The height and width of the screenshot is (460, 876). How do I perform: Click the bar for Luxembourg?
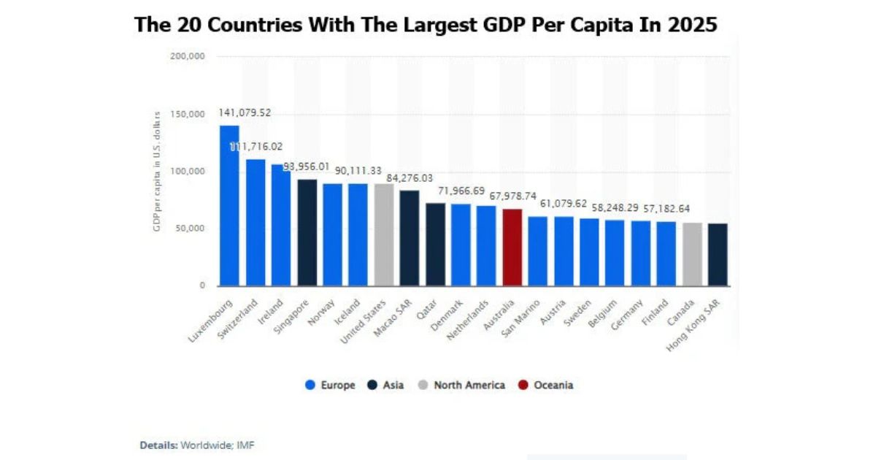229,205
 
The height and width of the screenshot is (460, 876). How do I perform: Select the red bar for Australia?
512,248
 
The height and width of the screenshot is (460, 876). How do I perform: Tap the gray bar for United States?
384,234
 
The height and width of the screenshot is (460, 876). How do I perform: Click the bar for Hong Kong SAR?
718,254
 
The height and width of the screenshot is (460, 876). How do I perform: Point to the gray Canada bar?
692,254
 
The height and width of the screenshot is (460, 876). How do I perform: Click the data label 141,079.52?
245,113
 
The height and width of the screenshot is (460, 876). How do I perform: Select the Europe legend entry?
330,385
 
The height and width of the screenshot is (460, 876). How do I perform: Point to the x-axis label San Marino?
521,317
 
